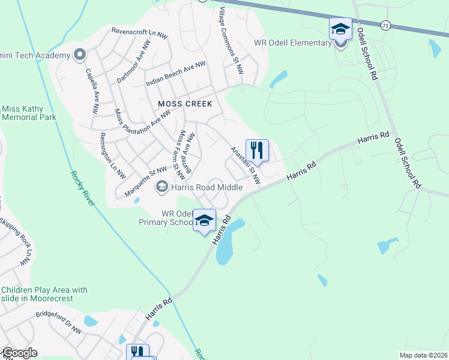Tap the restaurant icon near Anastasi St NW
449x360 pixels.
coord(257,150)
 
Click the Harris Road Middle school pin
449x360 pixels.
coord(161,187)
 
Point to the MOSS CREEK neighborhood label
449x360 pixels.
coord(185,104)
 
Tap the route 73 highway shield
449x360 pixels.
coord(385,25)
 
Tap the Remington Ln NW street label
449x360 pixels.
coord(112,156)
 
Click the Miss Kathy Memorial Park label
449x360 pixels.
coord(29,113)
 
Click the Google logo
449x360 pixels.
coord(20,353)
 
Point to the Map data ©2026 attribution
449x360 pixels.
coord(423,355)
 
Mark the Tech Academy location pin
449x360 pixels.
coord(79,56)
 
